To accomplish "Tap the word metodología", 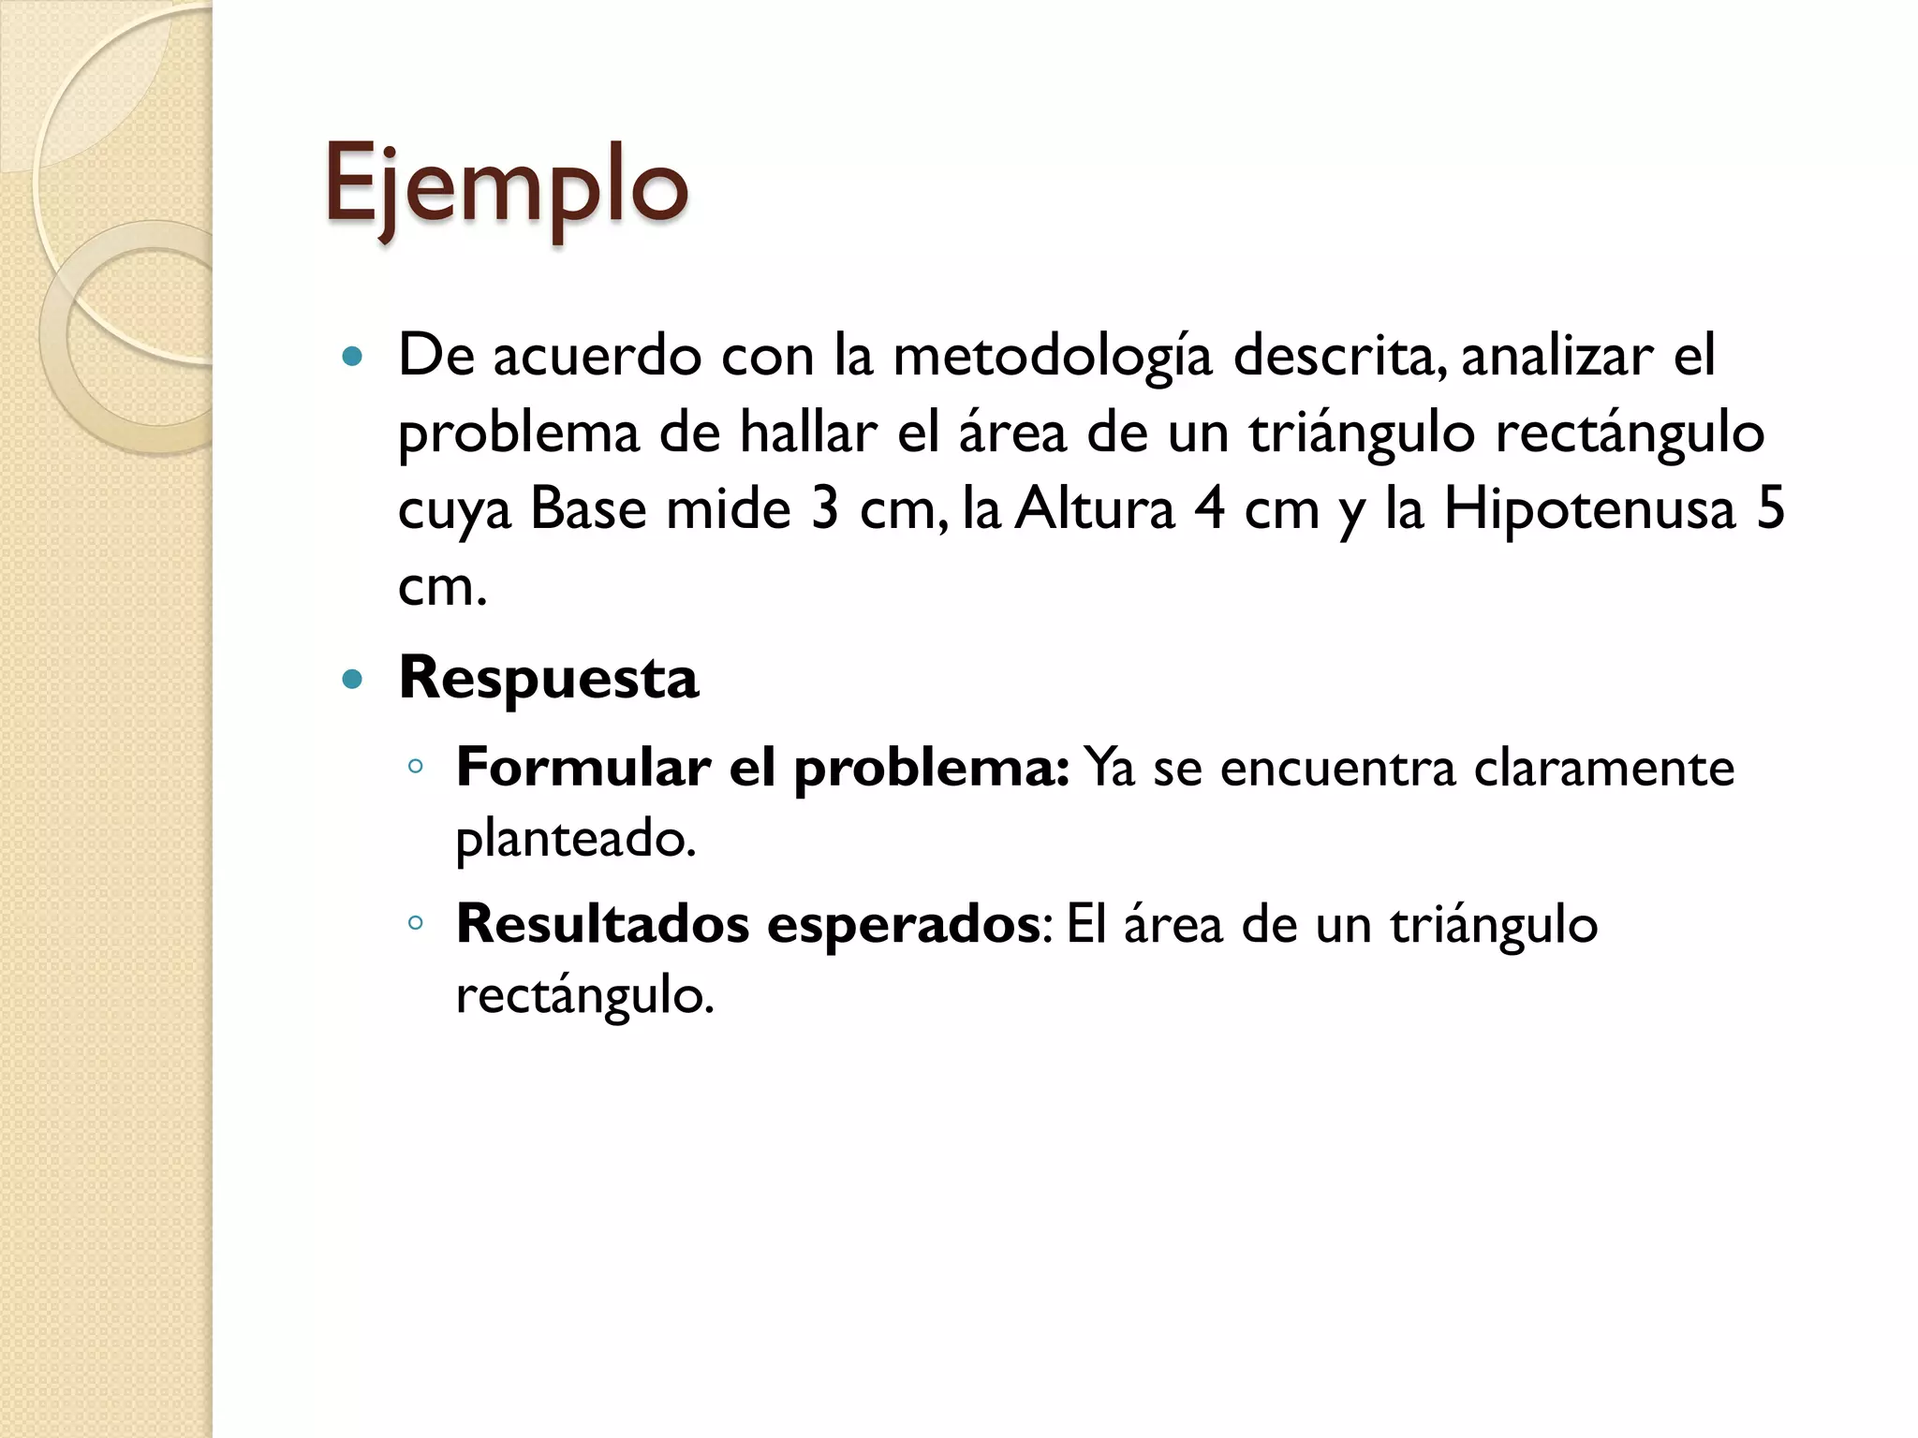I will coord(1053,358).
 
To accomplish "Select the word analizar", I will coord(1557,356).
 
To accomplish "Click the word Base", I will coord(588,510).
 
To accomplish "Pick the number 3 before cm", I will coord(825,510).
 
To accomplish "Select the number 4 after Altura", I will coord(1208,510).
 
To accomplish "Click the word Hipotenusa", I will coord(1589,510).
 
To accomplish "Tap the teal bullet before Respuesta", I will coord(352,679).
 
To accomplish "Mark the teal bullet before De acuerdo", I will coord(352,357).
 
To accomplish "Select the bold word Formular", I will coord(583,768).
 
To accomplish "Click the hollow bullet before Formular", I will coord(416,768).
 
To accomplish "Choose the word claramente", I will coord(1603,768).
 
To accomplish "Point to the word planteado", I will coord(575,839).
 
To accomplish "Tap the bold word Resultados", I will coord(603,924).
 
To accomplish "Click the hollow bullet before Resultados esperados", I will coord(416,923).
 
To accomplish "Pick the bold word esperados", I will coord(903,925).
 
